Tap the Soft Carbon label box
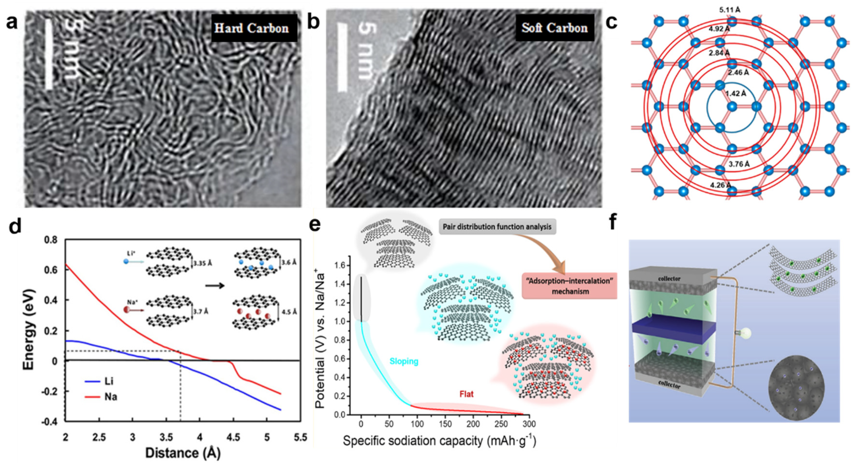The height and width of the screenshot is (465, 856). tap(554, 28)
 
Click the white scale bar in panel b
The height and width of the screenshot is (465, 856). tap(342, 57)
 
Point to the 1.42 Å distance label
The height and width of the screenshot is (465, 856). tap(735, 93)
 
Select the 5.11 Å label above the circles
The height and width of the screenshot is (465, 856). tap(730, 10)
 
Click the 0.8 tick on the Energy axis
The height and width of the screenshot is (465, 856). tap(51, 240)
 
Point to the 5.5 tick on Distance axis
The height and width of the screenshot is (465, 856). tap(300, 437)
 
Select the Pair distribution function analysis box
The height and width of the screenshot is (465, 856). tap(497, 227)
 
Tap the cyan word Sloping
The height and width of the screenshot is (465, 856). tap(404, 361)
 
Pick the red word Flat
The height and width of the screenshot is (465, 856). tap(466, 394)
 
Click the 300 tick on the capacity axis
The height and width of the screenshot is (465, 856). tap(529, 424)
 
